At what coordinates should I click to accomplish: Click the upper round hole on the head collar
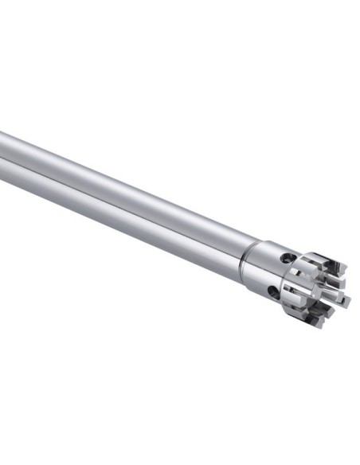[286, 258]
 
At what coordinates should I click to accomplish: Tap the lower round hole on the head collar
[274, 292]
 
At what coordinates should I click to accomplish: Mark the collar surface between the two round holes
[279, 275]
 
